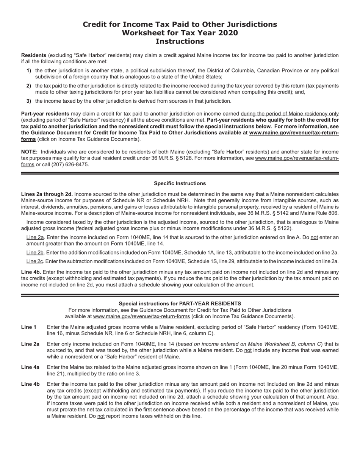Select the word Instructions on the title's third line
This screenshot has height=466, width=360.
click(x=180, y=41)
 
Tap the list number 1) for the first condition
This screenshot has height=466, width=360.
click(x=29, y=71)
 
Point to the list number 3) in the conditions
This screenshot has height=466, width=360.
click(x=29, y=101)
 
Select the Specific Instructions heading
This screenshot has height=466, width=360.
click(x=180, y=183)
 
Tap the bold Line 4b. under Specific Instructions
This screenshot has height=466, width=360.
click(x=31, y=272)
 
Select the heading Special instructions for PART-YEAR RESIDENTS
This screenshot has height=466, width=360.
click(x=180, y=303)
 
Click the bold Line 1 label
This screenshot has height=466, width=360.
click(x=29, y=327)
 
